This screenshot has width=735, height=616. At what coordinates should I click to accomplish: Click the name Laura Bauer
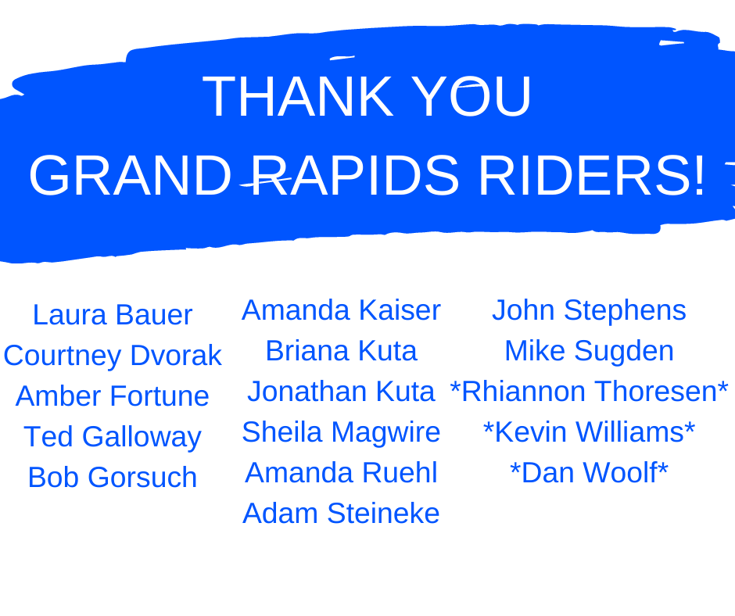(x=113, y=314)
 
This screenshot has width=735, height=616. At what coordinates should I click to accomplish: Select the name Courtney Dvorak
(x=113, y=356)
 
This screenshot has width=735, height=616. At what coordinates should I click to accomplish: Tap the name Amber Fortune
(x=113, y=396)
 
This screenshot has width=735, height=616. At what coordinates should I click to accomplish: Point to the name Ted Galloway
(x=113, y=438)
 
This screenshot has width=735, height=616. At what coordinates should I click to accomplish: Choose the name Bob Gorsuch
(x=113, y=477)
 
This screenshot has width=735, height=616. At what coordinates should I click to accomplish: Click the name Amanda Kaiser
(x=341, y=310)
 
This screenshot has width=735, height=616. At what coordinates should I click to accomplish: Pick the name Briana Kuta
(x=341, y=351)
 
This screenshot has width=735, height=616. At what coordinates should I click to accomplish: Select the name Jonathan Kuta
(x=341, y=392)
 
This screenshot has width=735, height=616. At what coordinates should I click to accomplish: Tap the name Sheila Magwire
(x=341, y=433)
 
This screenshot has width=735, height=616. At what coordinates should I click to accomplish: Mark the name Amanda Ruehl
(x=341, y=472)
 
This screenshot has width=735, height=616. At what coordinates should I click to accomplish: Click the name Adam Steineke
(x=341, y=514)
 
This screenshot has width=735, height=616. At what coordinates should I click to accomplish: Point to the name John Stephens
(x=590, y=311)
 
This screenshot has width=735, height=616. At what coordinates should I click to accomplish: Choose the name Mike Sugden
(x=590, y=352)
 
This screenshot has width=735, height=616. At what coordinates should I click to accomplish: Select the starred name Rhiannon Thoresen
(x=590, y=392)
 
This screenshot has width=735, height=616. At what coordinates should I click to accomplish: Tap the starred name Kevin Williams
(x=590, y=432)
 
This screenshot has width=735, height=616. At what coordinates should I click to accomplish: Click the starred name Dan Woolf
(x=590, y=472)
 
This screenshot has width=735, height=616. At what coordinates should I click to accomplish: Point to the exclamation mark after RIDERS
(x=700, y=175)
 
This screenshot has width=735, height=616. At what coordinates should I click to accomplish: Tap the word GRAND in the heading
(x=131, y=175)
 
